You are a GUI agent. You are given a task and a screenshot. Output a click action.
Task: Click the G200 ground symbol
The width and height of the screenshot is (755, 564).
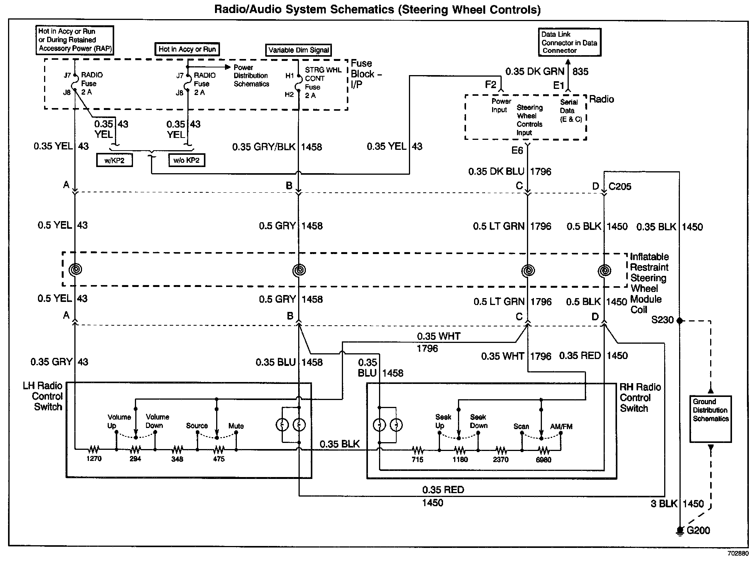(680, 531)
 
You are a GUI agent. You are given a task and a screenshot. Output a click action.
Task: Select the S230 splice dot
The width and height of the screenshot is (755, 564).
(680, 320)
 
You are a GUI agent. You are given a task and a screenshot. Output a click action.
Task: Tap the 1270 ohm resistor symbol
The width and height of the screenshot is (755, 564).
(94, 449)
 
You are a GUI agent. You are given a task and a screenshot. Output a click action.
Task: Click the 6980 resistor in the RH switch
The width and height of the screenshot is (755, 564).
(543, 450)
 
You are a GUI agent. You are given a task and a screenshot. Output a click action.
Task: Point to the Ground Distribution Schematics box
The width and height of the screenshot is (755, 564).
(711, 419)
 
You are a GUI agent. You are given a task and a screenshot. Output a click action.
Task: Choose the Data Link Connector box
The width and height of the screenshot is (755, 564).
(569, 42)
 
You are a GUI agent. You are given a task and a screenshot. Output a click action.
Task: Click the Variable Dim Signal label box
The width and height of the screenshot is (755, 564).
(299, 50)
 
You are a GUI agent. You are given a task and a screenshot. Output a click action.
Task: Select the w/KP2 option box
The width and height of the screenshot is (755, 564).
(114, 160)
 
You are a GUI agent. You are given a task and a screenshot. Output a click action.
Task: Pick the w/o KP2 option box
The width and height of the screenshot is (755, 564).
(187, 160)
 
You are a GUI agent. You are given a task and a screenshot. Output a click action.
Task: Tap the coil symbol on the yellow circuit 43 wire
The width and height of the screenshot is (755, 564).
(75, 270)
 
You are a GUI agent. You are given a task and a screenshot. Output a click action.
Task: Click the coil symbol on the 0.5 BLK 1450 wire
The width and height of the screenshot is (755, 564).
(604, 271)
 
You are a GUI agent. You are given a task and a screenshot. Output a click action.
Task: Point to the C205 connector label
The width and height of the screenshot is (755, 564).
(620, 187)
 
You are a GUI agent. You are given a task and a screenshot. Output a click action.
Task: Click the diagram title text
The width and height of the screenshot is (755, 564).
(377, 9)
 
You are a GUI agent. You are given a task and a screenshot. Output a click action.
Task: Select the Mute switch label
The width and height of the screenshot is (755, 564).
(236, 426)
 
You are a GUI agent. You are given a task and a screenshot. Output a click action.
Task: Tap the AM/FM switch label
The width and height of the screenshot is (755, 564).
(561, 426)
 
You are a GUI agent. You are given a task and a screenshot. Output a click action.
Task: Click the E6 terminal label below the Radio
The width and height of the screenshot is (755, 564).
(517, 151)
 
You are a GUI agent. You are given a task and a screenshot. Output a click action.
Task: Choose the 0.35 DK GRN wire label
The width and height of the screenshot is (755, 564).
(535, 72)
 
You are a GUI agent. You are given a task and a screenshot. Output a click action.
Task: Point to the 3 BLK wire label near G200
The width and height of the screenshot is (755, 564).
(664, 504)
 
